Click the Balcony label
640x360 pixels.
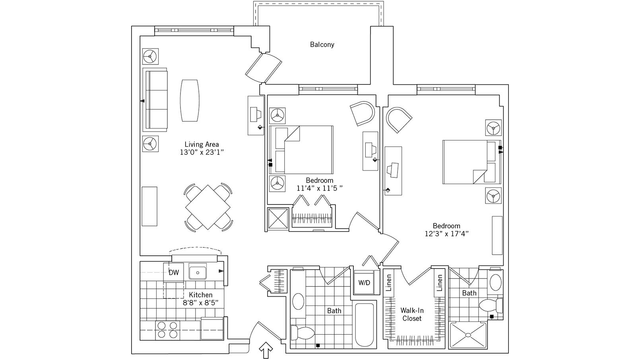click(x=322, y=45)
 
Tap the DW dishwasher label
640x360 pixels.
click(x=174, y=272)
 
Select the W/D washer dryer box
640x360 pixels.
click(x=364, y=282)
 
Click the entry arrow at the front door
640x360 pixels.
click(x=266, y=350)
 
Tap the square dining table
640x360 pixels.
click(x=208, y=207)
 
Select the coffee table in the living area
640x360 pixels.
click(x=190, y=100)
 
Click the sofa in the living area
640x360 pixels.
click(x=155, y=100)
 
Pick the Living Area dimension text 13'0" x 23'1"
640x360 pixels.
click(x=202, y=152)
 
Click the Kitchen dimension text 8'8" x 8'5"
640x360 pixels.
click(x=201, y=303)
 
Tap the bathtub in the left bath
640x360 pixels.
click(x=364, y=325)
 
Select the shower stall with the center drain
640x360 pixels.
click(x=468, y=335)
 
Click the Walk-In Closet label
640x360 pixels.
click(x=412, y=314)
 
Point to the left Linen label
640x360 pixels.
click(x=389, y=283)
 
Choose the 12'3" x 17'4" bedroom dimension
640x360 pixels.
click(x=446, y=234)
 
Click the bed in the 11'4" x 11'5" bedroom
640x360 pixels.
click(x=301, y=150)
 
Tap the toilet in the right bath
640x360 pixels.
click(x=491, y=306)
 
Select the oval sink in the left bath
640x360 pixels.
click(x=298, y=301)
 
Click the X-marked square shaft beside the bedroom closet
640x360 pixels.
click(x=278, y=219)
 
